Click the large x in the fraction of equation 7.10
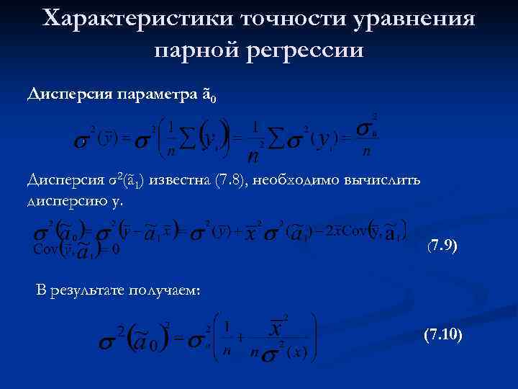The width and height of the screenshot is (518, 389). coord(275,330)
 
